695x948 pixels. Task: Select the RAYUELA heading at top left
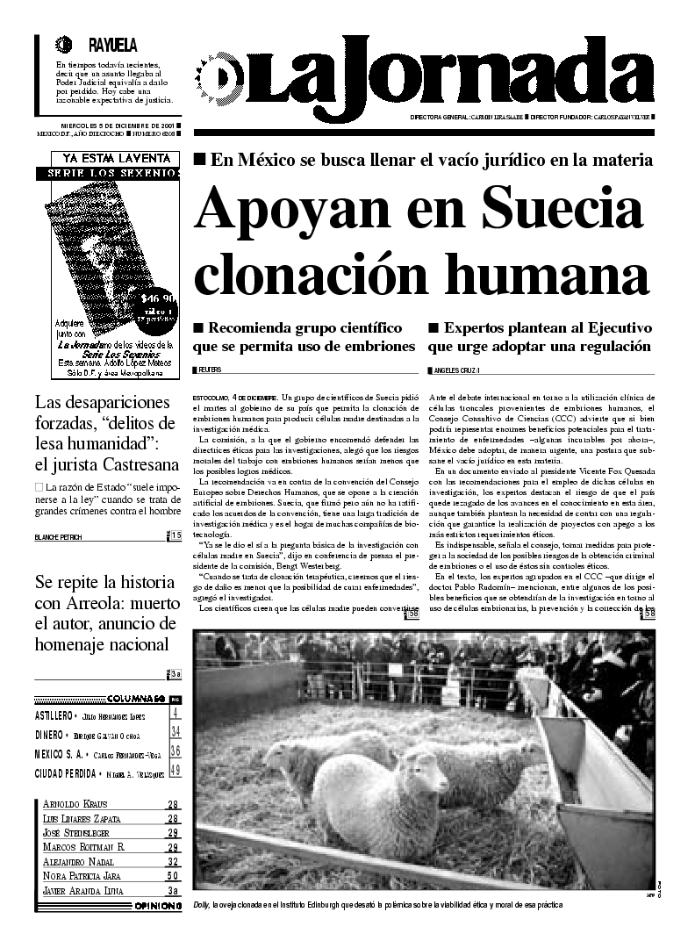click(x=112, y=45)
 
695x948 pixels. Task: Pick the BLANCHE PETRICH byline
click(x=61, y=536)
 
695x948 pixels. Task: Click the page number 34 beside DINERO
click(x=176, y=732)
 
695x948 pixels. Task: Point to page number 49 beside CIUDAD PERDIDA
click(x=176, y=771)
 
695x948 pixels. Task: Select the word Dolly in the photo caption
click(x=202, y=905)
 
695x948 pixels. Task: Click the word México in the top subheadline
click(x=267, y=160)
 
